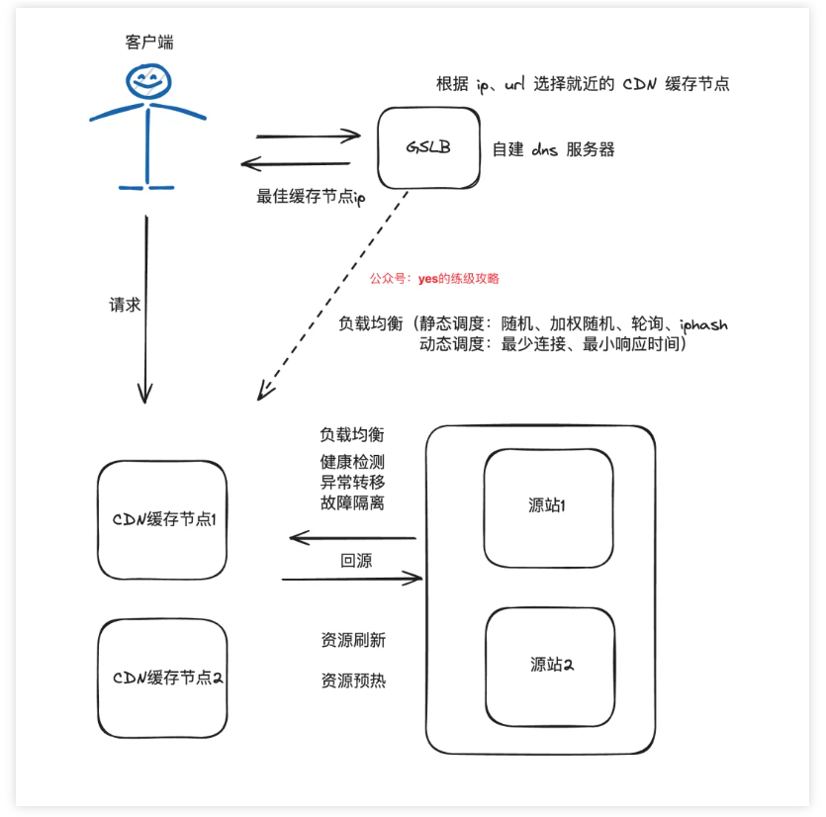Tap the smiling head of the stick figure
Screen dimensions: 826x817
148,81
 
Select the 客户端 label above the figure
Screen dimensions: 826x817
149,42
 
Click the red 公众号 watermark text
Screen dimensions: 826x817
434,278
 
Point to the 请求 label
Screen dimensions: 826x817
125,305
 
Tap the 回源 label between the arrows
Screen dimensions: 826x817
356,561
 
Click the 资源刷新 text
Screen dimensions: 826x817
353,640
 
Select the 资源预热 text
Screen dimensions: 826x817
353,681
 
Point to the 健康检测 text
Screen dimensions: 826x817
352,462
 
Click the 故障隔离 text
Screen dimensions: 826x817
352,502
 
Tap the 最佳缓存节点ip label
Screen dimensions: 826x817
311,197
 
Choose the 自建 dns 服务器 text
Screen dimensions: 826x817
553,149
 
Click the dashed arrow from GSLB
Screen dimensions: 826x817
332,296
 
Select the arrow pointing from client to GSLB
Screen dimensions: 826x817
309,136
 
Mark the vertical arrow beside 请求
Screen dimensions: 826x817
146,310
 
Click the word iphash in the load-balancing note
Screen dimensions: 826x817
703,324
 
